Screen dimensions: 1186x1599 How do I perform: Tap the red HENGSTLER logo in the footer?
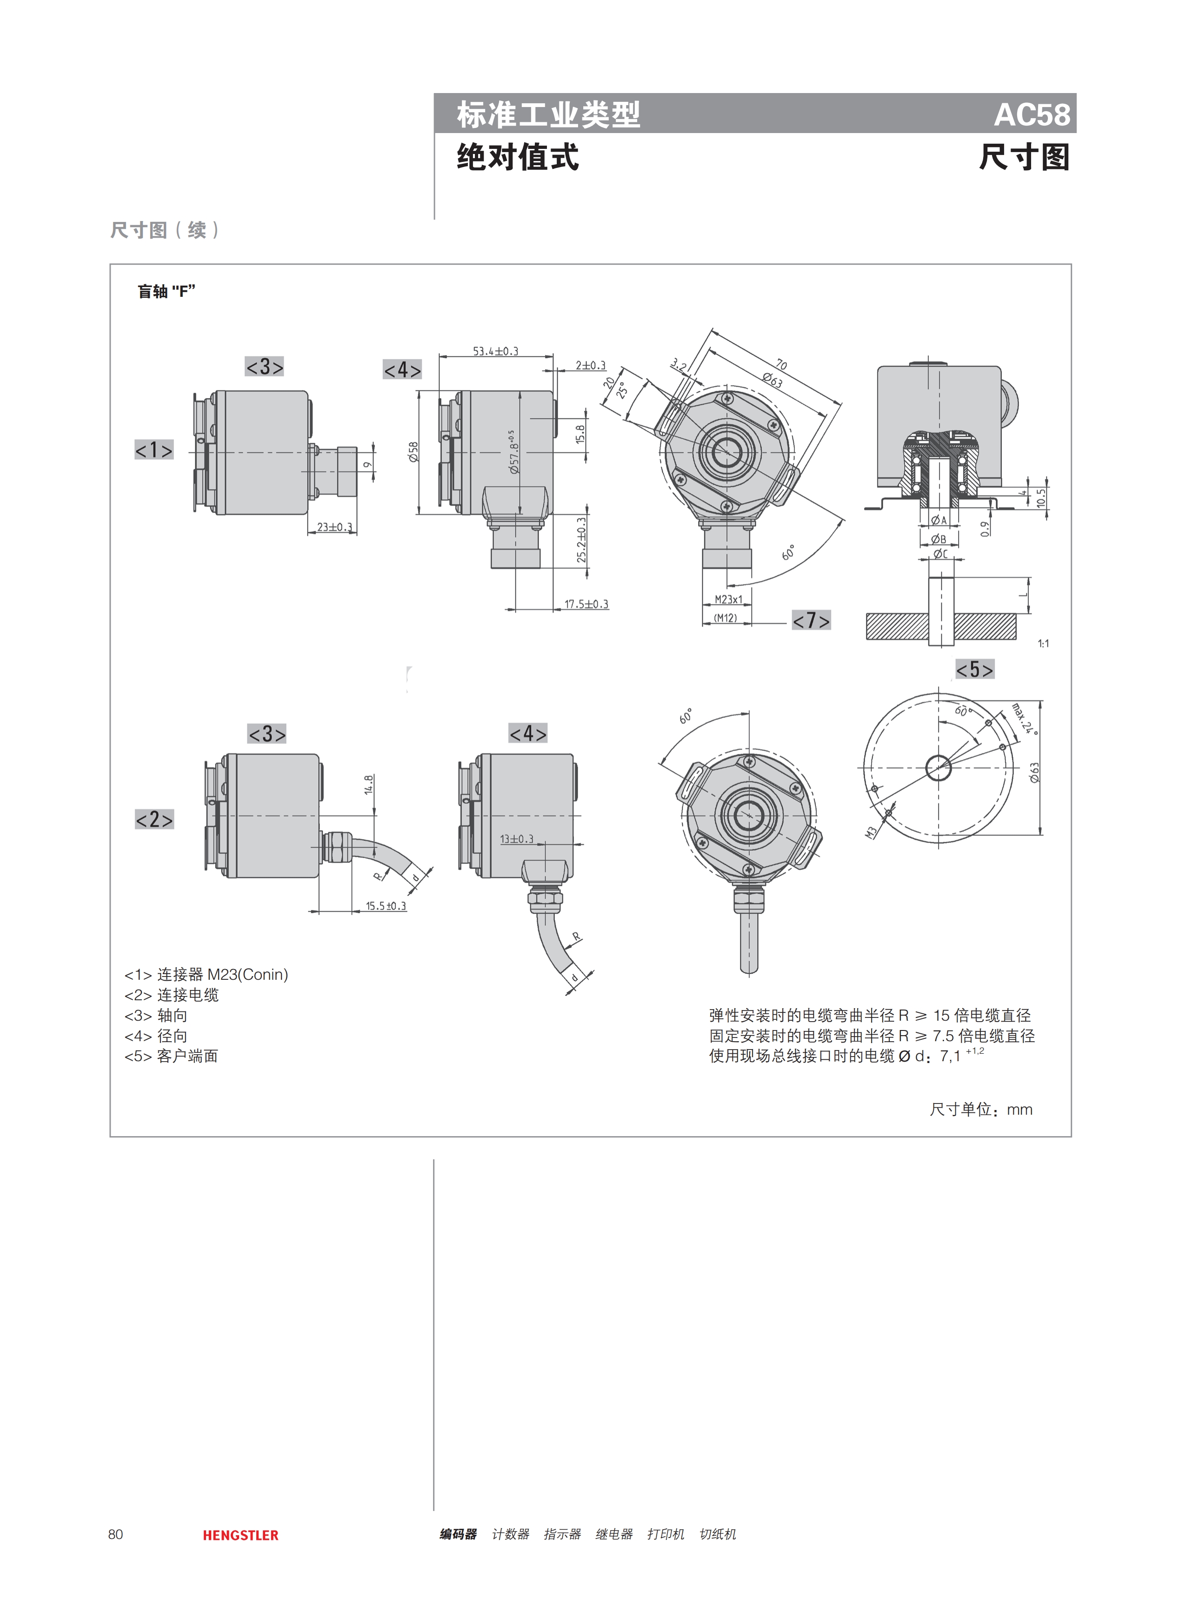tap(240, 1535)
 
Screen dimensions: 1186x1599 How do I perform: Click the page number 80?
tap(116, 1534)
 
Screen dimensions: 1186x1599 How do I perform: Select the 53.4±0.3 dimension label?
tap(495, 351)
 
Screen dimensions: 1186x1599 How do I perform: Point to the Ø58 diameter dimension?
tap(413, 452)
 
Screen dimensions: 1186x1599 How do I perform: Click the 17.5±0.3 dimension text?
tap(586, 604)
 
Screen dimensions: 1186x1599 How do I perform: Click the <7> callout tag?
tap(811, 620)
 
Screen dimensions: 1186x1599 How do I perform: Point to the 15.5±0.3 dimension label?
tap(386, 906)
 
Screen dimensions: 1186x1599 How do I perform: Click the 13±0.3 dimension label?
tap(517, 839)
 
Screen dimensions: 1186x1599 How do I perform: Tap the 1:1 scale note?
tap(1043, 644)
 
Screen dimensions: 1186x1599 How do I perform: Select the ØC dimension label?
tap(940, 554)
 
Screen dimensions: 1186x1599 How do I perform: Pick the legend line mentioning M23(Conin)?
tap(206, 974)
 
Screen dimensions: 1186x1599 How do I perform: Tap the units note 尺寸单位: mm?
tap(981, 1109)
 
